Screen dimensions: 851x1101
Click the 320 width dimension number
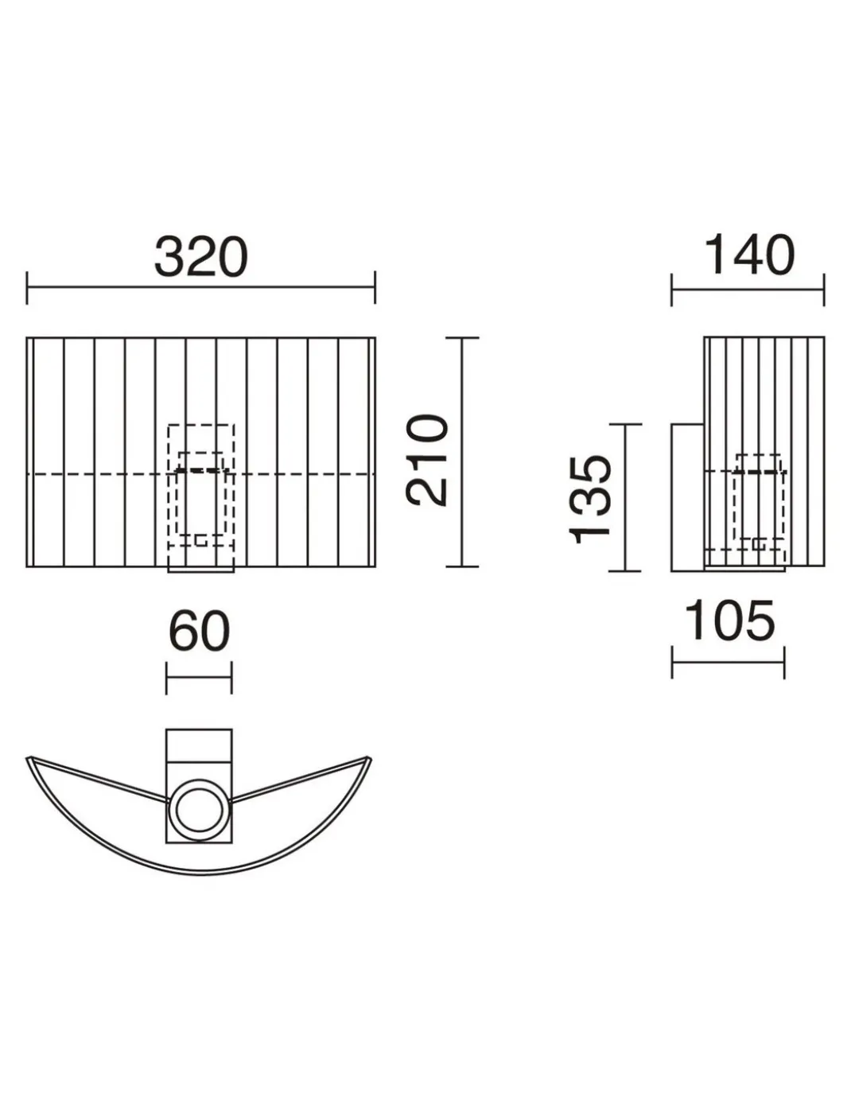[x=200, y=257]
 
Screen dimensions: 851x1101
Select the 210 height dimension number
[x=427, y=460]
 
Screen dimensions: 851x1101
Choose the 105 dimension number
[x=729, y=621]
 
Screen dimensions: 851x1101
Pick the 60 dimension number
[x=199, y=632]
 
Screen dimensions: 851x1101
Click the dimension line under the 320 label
[x=200, y=287]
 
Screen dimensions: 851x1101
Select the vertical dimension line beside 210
[x=462, y=452]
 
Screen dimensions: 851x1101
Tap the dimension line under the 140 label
[x=748, y=290]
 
